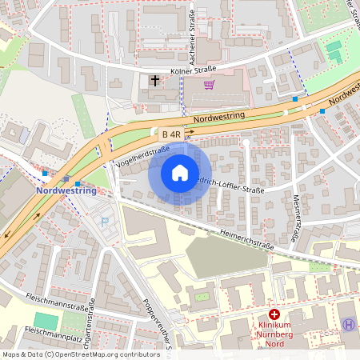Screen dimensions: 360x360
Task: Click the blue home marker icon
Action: (x=180, y=173)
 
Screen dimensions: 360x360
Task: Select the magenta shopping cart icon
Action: (x=209, y=85)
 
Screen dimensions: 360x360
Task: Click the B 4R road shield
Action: (x=170, y=134)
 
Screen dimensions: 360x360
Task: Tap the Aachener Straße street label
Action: (x=193, y=36)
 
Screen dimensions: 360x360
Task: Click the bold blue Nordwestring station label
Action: (x=66, y=191)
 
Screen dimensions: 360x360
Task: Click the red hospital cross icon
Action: (x=274, y=315)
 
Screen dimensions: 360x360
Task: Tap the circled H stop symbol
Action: (x=349, y=324)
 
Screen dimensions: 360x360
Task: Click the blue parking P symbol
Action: (x=104, y=221)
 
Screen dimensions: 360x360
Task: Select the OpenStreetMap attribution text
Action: (x=80, y=354)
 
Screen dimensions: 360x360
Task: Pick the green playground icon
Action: (x=334, y=49)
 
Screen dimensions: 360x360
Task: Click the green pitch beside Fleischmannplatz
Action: (x=46, y=321)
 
